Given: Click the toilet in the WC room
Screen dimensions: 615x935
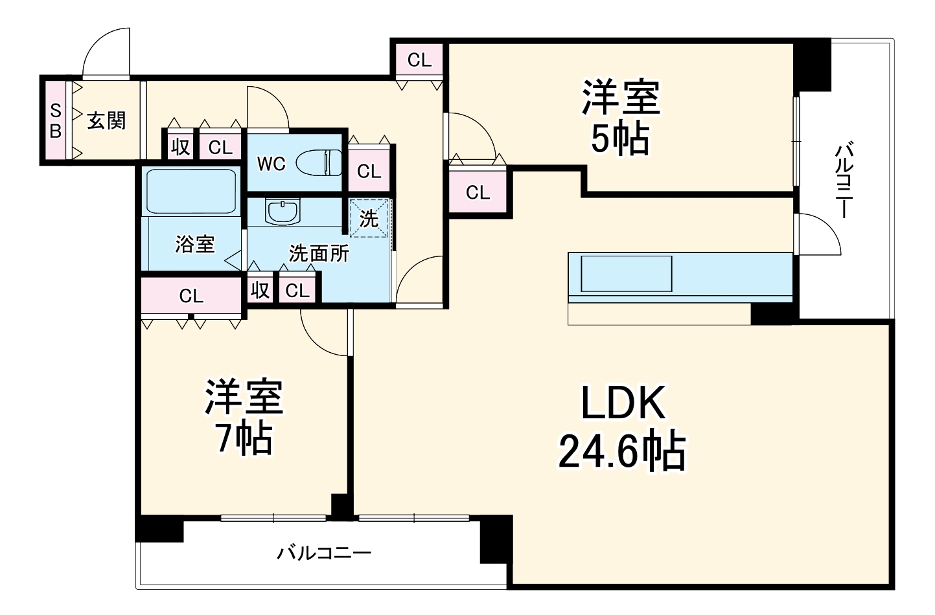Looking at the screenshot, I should [320, 162].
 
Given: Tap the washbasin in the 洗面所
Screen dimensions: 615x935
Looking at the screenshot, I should [283, 212].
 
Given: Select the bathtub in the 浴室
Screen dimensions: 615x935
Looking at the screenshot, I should [190, 191].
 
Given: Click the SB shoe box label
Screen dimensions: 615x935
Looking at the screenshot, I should [56, 120].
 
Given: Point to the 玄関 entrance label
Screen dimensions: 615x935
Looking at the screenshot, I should [106, 120].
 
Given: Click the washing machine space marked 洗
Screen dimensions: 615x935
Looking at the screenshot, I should [369, 219].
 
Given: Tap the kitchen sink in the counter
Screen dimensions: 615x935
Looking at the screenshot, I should [626, 273].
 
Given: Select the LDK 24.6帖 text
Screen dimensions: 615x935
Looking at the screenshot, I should [622, 427].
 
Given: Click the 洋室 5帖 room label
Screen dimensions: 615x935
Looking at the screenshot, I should [620, 117].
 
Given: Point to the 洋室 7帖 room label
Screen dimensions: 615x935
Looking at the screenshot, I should [244, 418].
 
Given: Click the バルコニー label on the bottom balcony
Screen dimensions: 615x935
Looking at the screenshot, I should [325, 553].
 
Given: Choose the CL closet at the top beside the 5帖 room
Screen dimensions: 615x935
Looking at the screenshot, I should [419, 60].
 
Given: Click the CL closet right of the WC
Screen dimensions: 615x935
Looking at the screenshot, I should [369, 172].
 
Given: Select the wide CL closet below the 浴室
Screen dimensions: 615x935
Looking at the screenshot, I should [191, 296].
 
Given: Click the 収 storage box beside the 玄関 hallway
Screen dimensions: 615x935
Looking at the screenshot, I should [180, 147].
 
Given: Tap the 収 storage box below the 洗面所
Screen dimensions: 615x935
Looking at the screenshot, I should [260, 290].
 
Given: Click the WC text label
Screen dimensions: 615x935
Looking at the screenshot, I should [271, 164].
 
